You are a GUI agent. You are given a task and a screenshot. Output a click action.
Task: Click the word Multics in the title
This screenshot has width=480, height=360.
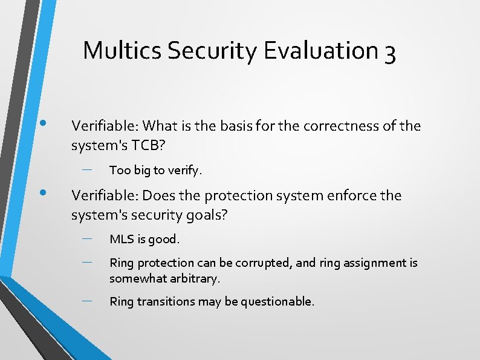coord(122,50)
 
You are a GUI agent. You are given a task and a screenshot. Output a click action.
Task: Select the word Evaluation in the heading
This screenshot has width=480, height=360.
coord(320,50)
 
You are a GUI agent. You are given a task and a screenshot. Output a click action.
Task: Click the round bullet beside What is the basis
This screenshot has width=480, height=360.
coord(43,123)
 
